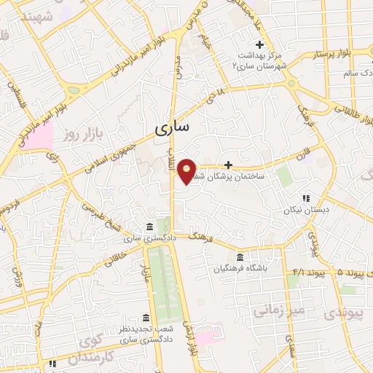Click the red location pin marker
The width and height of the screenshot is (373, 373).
187,171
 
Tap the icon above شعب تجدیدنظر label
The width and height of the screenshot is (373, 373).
146,318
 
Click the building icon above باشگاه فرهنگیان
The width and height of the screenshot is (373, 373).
240,256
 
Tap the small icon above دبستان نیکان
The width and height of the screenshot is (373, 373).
306,197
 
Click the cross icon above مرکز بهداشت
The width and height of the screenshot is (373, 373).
259,45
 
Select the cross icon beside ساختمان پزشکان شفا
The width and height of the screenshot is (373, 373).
229,165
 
